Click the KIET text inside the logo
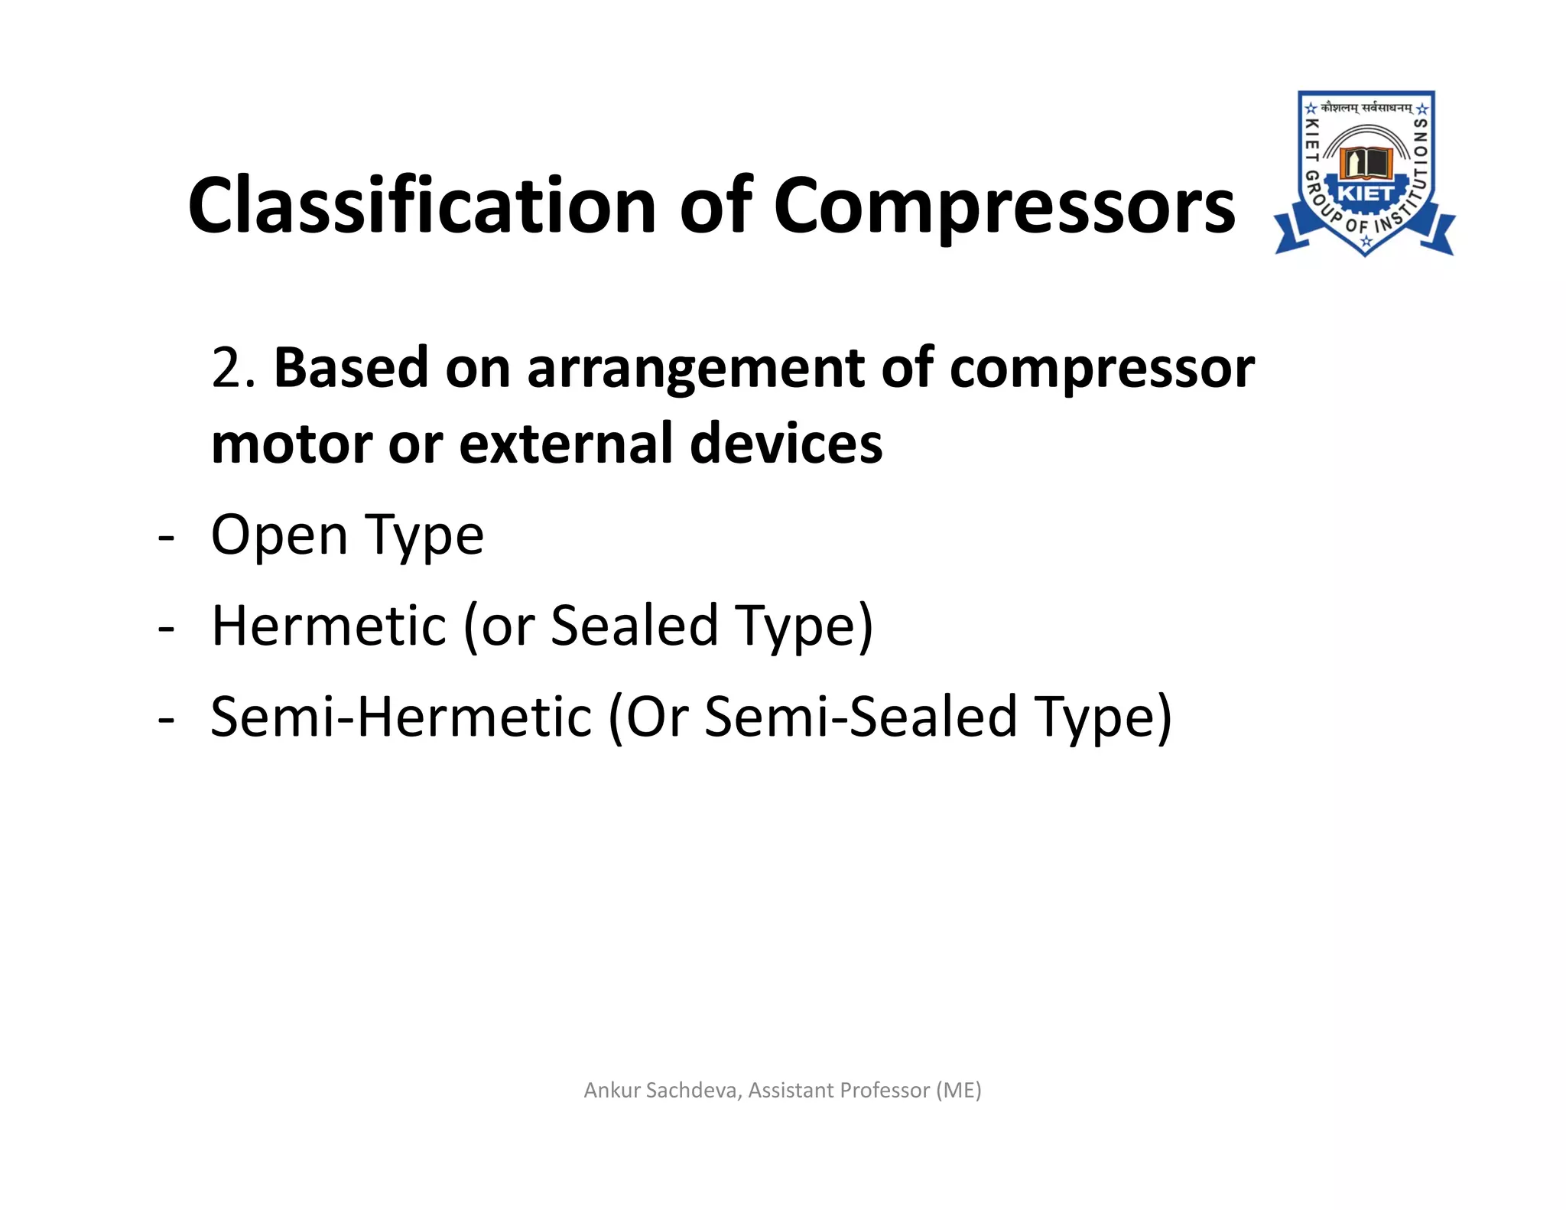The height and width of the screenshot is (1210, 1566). [1366, 194]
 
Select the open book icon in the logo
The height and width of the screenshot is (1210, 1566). [1365, 161]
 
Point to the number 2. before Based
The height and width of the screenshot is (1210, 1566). [232, 368]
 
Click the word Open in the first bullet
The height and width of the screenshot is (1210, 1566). [279, 535]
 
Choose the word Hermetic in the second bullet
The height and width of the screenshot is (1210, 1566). [329, 626]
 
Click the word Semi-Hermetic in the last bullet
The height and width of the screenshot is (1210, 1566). [401, 717]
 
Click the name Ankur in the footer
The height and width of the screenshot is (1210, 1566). [612, 1090]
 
